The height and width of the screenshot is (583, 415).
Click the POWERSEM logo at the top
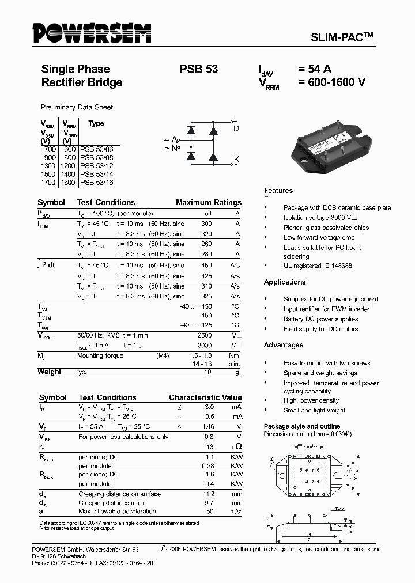[x=92, y=35]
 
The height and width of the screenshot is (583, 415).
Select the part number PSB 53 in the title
[x=199, y=69]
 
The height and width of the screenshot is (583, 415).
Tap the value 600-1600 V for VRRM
[x=331, y=82]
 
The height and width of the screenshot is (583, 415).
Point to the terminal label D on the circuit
[x=236, y=128]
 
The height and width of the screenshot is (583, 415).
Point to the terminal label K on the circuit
[x=236, y=159]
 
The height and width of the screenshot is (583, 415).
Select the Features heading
[x=278, y=191]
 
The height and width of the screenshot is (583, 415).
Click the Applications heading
[x=285, y=282]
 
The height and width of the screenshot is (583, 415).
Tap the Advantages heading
[x=284, y=345]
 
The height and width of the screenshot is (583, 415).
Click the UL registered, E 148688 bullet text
[x=318, y=266]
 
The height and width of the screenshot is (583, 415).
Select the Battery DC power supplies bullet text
[x=320, y=319]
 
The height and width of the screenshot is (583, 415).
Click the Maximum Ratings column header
[x=209, y=202]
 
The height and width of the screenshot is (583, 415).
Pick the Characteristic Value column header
[x=205, y=397]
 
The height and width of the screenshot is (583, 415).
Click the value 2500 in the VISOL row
[x=205, y=335]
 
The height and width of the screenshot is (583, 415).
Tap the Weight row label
[x=50, y=372]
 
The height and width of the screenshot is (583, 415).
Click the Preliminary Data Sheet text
[x=77, y=107]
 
